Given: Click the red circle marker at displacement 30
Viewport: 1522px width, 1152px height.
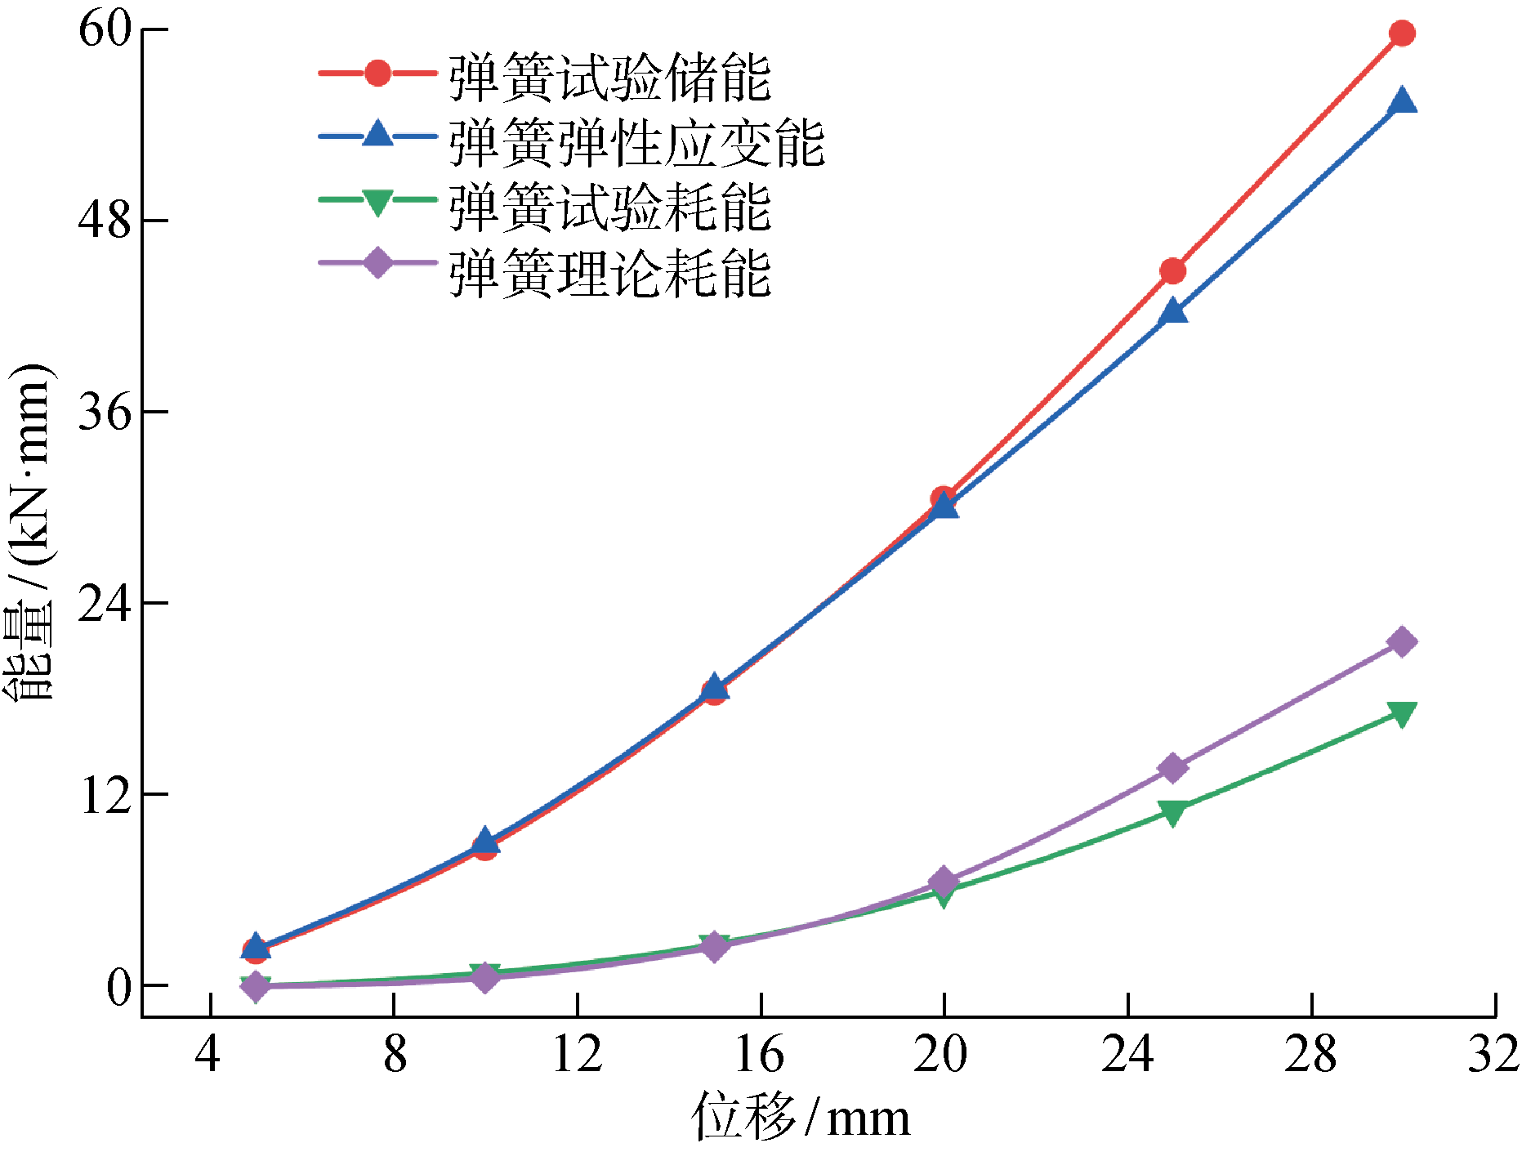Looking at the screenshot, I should coord(1402,33).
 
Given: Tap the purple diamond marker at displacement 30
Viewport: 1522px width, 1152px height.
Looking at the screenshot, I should coord(1402,642).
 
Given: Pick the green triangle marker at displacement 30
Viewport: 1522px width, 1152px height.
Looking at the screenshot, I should coord(1402,713).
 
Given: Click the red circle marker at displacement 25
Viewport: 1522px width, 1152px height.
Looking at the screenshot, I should coord(1172,271).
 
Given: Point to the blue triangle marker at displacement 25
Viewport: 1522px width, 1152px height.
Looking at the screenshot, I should coord(1172,311).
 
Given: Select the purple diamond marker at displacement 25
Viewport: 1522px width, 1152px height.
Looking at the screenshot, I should coord(1172,768).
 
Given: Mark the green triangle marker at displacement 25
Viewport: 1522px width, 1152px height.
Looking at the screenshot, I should coord(1172,812).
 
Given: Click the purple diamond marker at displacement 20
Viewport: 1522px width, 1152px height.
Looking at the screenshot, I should coord(944,882).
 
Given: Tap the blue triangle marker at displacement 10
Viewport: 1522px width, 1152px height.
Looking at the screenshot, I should coord(485,840).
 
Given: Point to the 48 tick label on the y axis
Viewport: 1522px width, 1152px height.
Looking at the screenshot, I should coord(105,221).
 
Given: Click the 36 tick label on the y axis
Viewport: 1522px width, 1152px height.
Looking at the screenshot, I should coord(105,411).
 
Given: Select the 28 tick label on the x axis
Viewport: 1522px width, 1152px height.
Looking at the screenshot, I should coord(1310,1055).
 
